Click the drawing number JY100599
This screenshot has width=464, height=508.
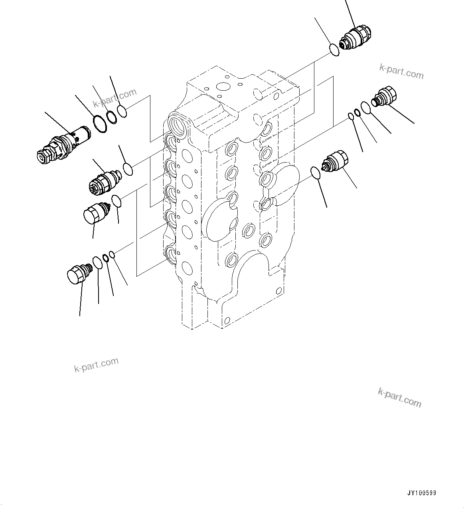(x=422, y=493)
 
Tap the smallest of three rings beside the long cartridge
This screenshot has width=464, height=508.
(x=122, y=111)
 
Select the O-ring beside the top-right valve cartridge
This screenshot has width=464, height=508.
(x=334, y=50)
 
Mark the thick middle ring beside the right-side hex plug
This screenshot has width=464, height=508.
(x=358, y=113)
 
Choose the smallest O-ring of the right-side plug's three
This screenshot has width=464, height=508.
(x=351, y=116)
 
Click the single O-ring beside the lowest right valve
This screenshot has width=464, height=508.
(x=315, y=173)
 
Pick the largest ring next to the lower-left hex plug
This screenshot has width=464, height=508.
(x=97, y=263)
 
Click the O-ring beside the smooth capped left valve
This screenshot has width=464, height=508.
(x=116, y=201)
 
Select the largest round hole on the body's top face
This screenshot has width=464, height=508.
(x=221, y=87)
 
